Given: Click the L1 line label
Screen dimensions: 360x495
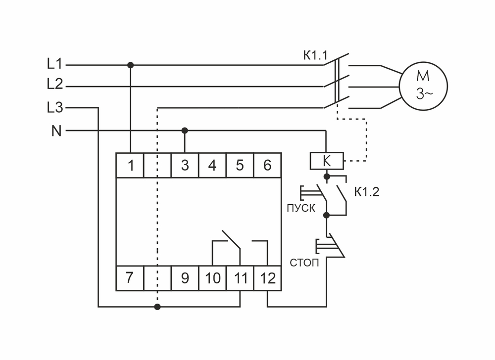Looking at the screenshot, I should coord(54,64).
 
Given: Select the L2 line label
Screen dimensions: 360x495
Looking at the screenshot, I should coord(54,85).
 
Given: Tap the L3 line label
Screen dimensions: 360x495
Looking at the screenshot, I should coord(54,107).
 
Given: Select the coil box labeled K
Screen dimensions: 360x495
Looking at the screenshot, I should coord(326,161).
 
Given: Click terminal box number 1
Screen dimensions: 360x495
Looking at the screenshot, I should coord(130,165).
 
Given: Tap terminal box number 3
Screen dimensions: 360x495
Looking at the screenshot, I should coord(185,165).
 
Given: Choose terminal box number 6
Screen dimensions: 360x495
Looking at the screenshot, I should coord(267,165).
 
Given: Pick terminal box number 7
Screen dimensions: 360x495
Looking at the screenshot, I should coord(129,278).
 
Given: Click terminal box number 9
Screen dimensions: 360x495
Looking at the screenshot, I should coord(185,278).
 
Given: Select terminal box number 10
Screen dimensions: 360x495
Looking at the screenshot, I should coord(212,278).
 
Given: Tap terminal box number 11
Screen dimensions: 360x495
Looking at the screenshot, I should coord(240,278).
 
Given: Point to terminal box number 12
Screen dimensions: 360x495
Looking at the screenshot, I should coord(267,278).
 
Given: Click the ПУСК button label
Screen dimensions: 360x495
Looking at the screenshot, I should coord(300,208).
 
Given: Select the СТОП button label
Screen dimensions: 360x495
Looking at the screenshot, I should coord(303,262).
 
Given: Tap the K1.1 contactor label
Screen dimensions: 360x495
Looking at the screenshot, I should coord(315,55).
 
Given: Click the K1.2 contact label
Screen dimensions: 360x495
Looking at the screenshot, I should coord(366,192).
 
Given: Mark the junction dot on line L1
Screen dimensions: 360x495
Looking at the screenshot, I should coord(130,65).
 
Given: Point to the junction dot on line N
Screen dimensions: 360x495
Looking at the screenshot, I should coord(185,131).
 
